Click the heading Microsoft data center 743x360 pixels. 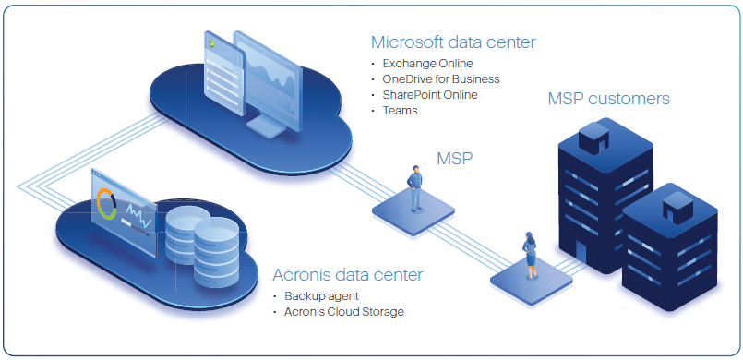tap(452, 42)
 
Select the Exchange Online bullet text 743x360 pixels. tap(428, 64)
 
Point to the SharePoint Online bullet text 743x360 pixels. tap(430, 95)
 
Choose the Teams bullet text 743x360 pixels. tap(401, 111)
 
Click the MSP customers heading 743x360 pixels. tap(608, 99)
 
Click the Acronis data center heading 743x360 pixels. tap(348, 275)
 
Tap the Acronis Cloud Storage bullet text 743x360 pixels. tap(343, 311)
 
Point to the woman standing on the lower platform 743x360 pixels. tap(532, 254)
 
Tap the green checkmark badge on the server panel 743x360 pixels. tap(212, 43)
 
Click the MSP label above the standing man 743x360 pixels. tap(454, 159)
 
